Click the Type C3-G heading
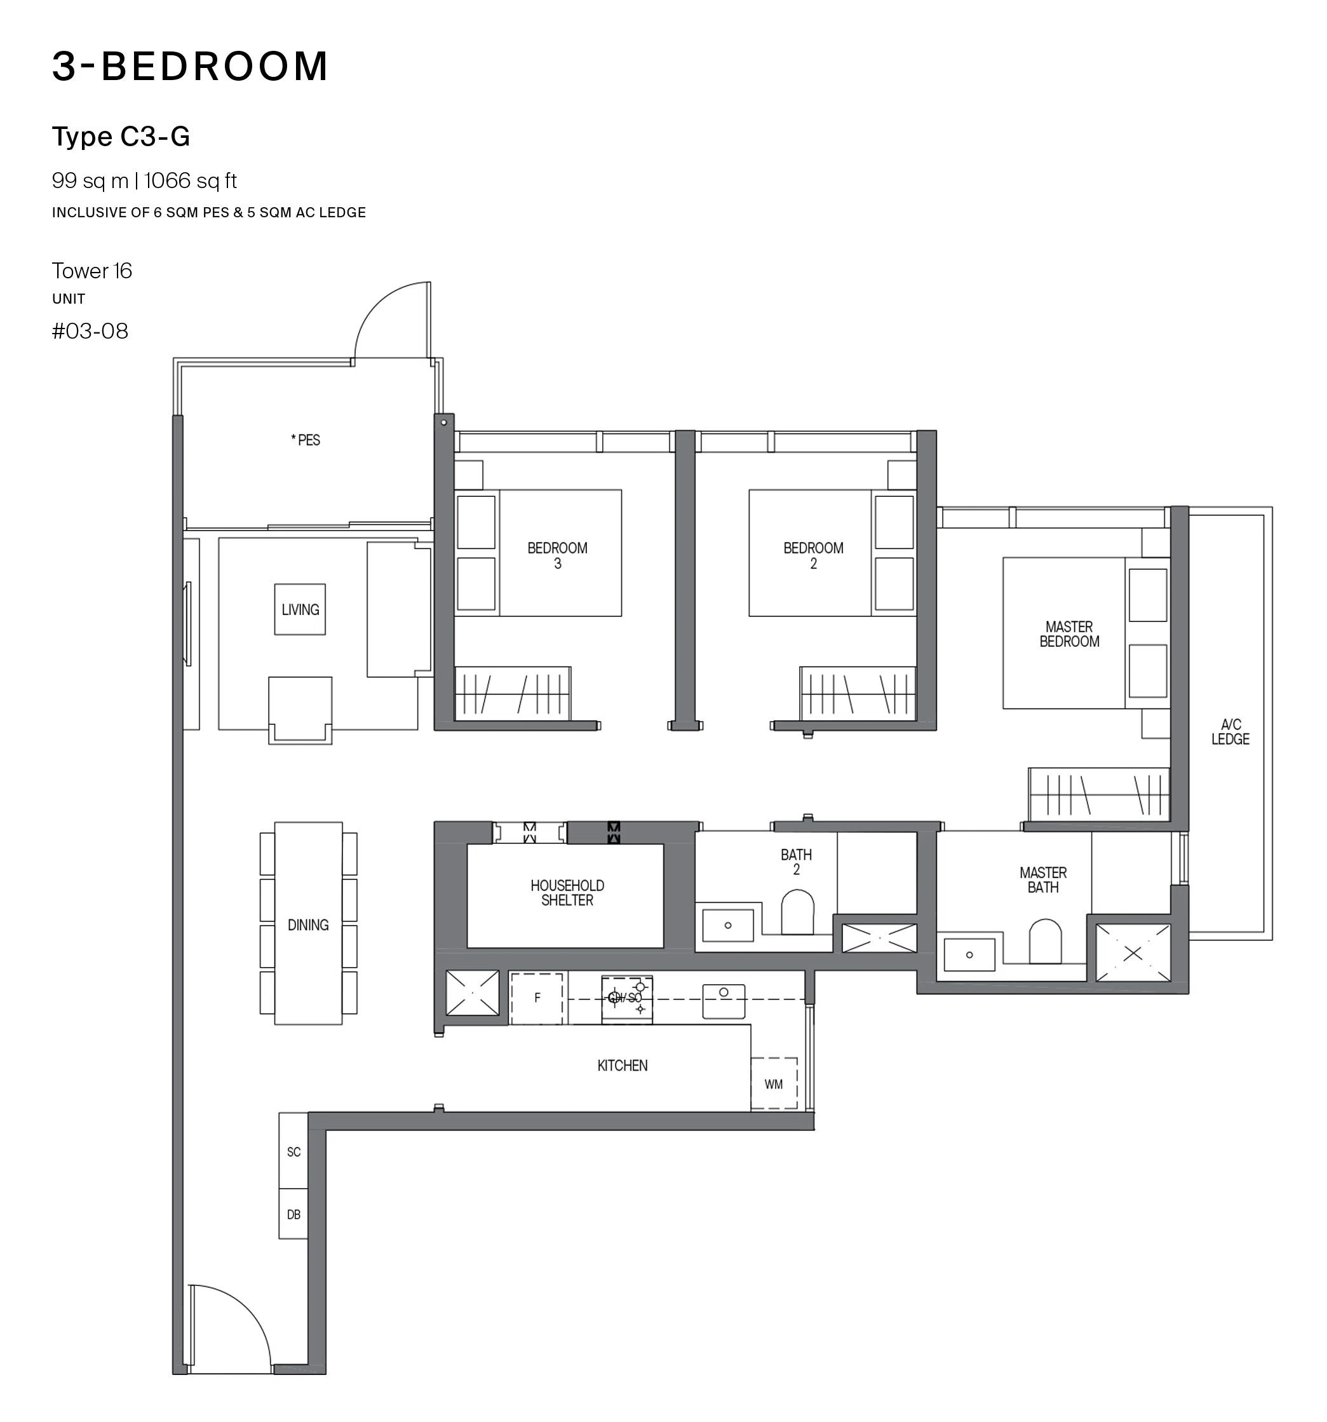coord(121,137)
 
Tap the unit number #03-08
coord(90,331)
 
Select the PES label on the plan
coord(306,440)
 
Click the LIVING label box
coord(300,609)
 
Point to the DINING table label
coord(308,925)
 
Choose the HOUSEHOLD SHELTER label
coord(567,893)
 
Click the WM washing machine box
coord(774,1084)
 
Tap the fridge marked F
coord(537,998)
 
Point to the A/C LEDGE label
coord(1230,732)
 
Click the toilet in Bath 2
coord(797,912)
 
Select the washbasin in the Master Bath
coord(969,955)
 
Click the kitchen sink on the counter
coord(724,1001)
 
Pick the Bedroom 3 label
coord(558,556)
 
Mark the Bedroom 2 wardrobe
coord(858,694)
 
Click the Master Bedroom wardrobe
coord(1099,795)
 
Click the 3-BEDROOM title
coord(190,66)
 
